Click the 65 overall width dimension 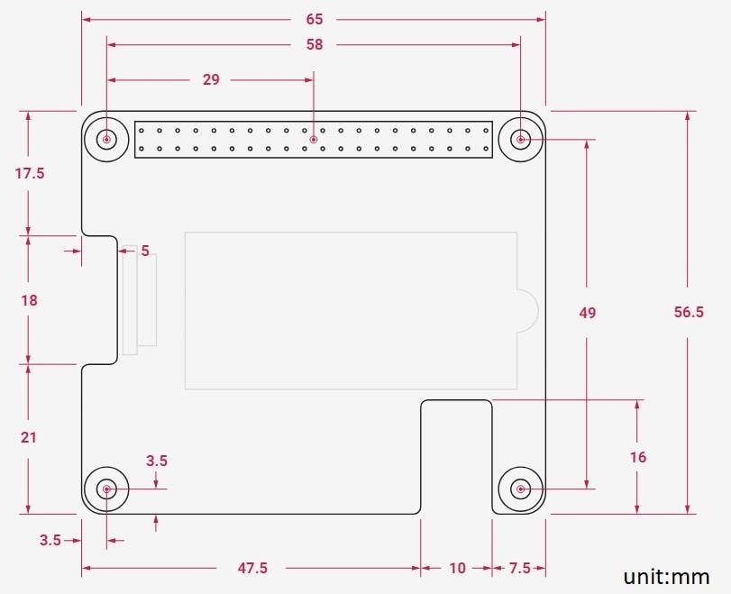[314, 19]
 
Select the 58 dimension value [314, 44]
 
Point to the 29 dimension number [211, 79]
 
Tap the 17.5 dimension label [30, 173]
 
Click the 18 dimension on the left [29, 300]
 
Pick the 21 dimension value [29, 437]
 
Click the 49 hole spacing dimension [587, 313]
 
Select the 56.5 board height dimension [689, 312]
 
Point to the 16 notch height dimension [638, 457]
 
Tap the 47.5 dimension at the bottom [251, 568]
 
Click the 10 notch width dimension [457, 568]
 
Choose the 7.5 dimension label [519, 568]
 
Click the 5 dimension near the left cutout [145, 251]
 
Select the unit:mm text [666, 576]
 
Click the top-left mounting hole [107, 140]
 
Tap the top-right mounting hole [520, 140]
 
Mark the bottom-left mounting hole [107, 489]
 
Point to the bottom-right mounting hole [520, 489]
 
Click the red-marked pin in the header [314, 140]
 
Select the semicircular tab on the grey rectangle [526, 312]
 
